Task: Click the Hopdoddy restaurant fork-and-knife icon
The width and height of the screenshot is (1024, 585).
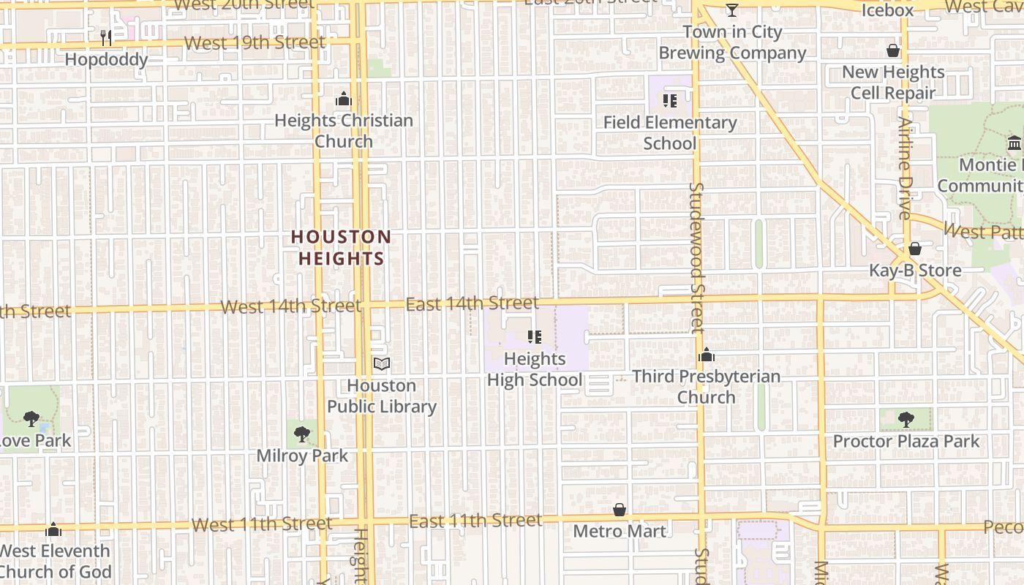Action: [x=106, y=37]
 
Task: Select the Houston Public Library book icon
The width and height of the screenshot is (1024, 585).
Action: [x=382, y=363]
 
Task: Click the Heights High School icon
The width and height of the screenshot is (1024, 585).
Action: [x=535, y=337]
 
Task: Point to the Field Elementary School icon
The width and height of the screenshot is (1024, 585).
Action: [x=669, y=101]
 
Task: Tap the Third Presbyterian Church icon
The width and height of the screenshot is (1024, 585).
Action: [x=707, y=355]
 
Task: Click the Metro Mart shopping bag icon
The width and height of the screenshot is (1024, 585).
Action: [x=620, y=509]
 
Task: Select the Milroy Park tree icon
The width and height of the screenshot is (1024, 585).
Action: [x=301, y=434]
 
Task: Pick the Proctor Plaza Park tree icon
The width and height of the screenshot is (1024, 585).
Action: [x=906, y=420]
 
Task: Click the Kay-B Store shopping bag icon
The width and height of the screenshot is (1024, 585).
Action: [x=915, y=249]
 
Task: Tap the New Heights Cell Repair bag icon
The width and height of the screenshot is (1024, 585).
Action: [x=893, y=50]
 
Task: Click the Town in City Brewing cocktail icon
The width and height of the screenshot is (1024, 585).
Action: [x=732, y=10]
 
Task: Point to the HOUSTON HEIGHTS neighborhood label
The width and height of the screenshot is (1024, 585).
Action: [x=342, y=247]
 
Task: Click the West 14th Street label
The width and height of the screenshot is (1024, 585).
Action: [x=290, y=306]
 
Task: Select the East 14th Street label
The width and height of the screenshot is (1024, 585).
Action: [x=472, y=303]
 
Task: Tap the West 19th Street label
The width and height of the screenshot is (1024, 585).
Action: [x=255, y=43]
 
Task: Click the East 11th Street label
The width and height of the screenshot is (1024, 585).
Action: [x=475, y=521]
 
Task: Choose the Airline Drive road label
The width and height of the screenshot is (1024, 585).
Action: [x=906, y=168]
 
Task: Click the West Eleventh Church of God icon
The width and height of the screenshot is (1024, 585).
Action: [x=53, y=529]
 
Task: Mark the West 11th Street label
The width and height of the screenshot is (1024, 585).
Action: [x=262, y=524]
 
